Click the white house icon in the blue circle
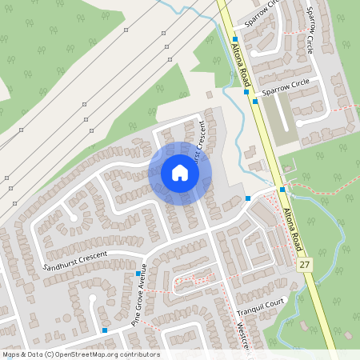point(179,173)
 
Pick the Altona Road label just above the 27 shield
point(297,228)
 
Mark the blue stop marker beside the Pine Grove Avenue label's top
point(138,274)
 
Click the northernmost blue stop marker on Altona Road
point(235,38)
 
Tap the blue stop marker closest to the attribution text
point(105,329)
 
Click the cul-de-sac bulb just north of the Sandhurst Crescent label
point(74,217)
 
